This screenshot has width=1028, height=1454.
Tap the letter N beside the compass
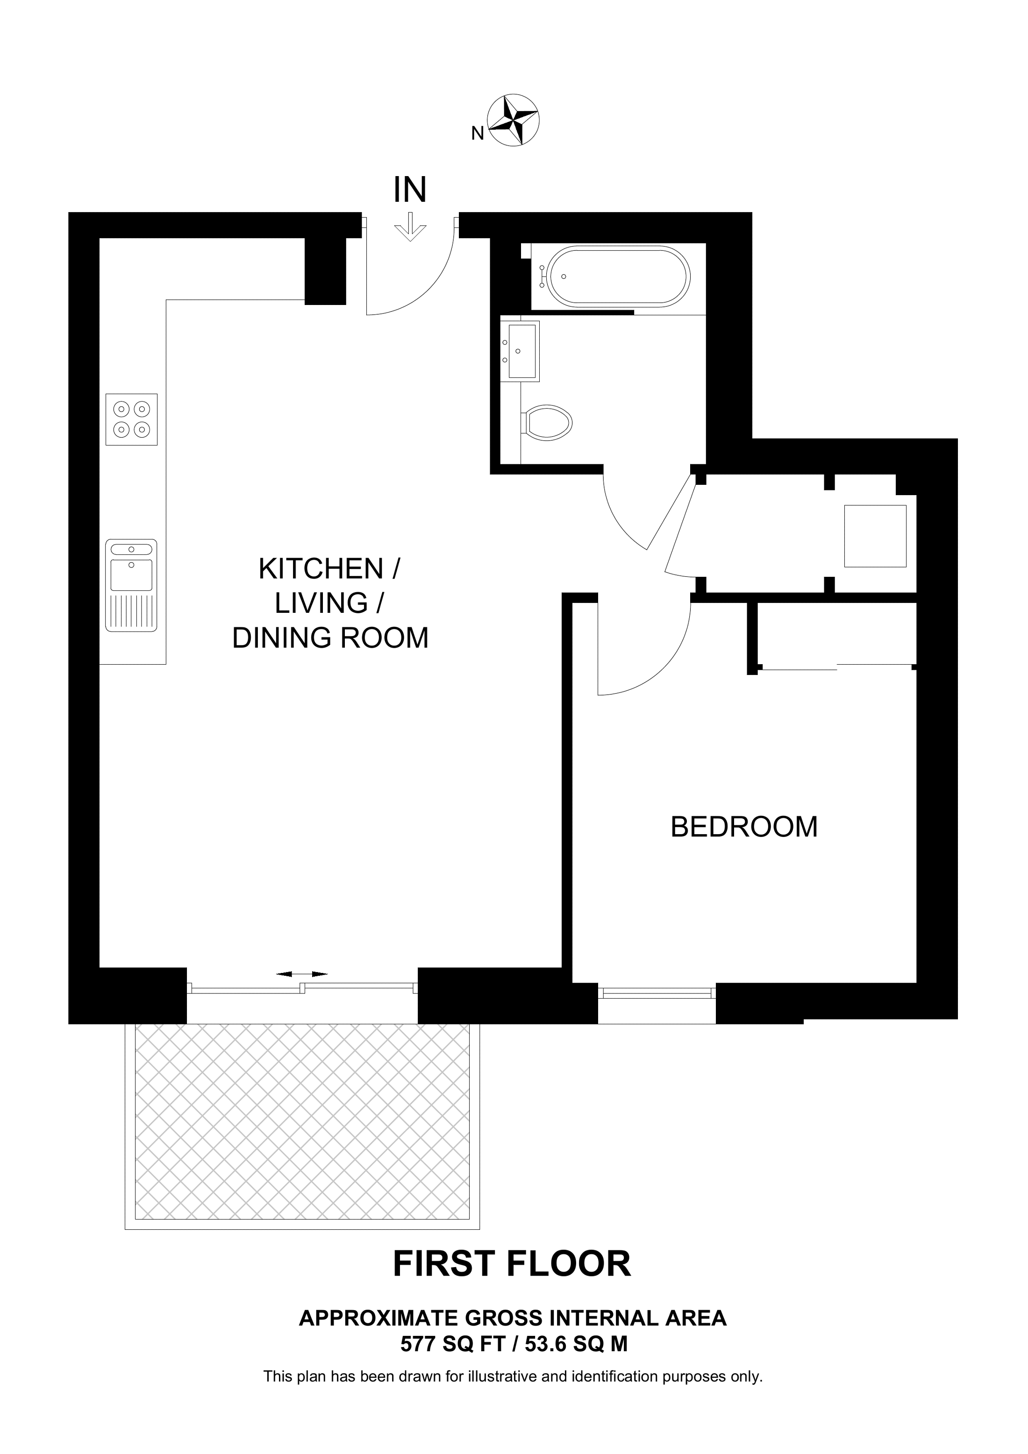pyautogui.click(x=478, y=134)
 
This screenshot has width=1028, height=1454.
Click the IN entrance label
pyautogui.click(x=410, y=189)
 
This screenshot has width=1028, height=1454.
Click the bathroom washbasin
pyautogui.click(x=520, y=351)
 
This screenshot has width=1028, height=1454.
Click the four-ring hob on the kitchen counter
pyautogui.click(x=131, y=419)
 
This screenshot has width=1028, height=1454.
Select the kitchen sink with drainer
pyautogui.click(x=131, y=586)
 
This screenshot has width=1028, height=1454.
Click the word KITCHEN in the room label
pyautogui.click(x=321, y=569)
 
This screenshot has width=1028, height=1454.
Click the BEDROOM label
pyautogui.click(x=744, y=827)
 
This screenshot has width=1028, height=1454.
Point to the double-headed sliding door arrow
pyautogui.click(x=302, y=973)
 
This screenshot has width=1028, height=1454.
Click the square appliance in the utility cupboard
pyautogui.click(x=875, y=536)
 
